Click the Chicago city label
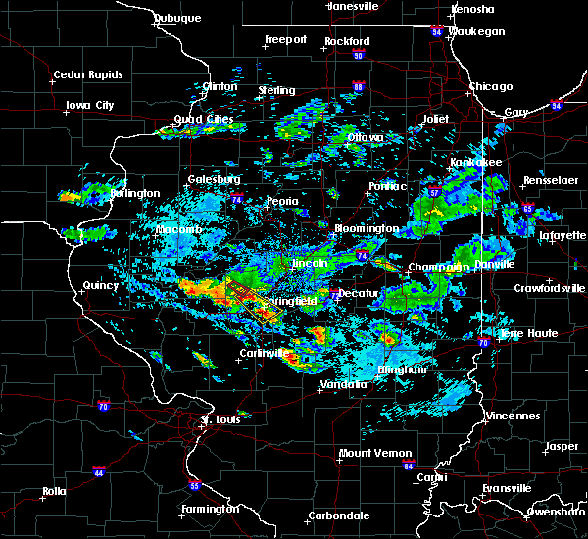[490, 86]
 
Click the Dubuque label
[176, 18]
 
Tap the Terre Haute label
[528, 333]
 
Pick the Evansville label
[508, 487]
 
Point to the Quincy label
[101, 286]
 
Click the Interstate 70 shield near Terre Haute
[483, 343]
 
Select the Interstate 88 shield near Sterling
[359, 88]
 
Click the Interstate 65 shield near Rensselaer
[527, 209]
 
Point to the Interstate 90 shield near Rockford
[358, 55]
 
